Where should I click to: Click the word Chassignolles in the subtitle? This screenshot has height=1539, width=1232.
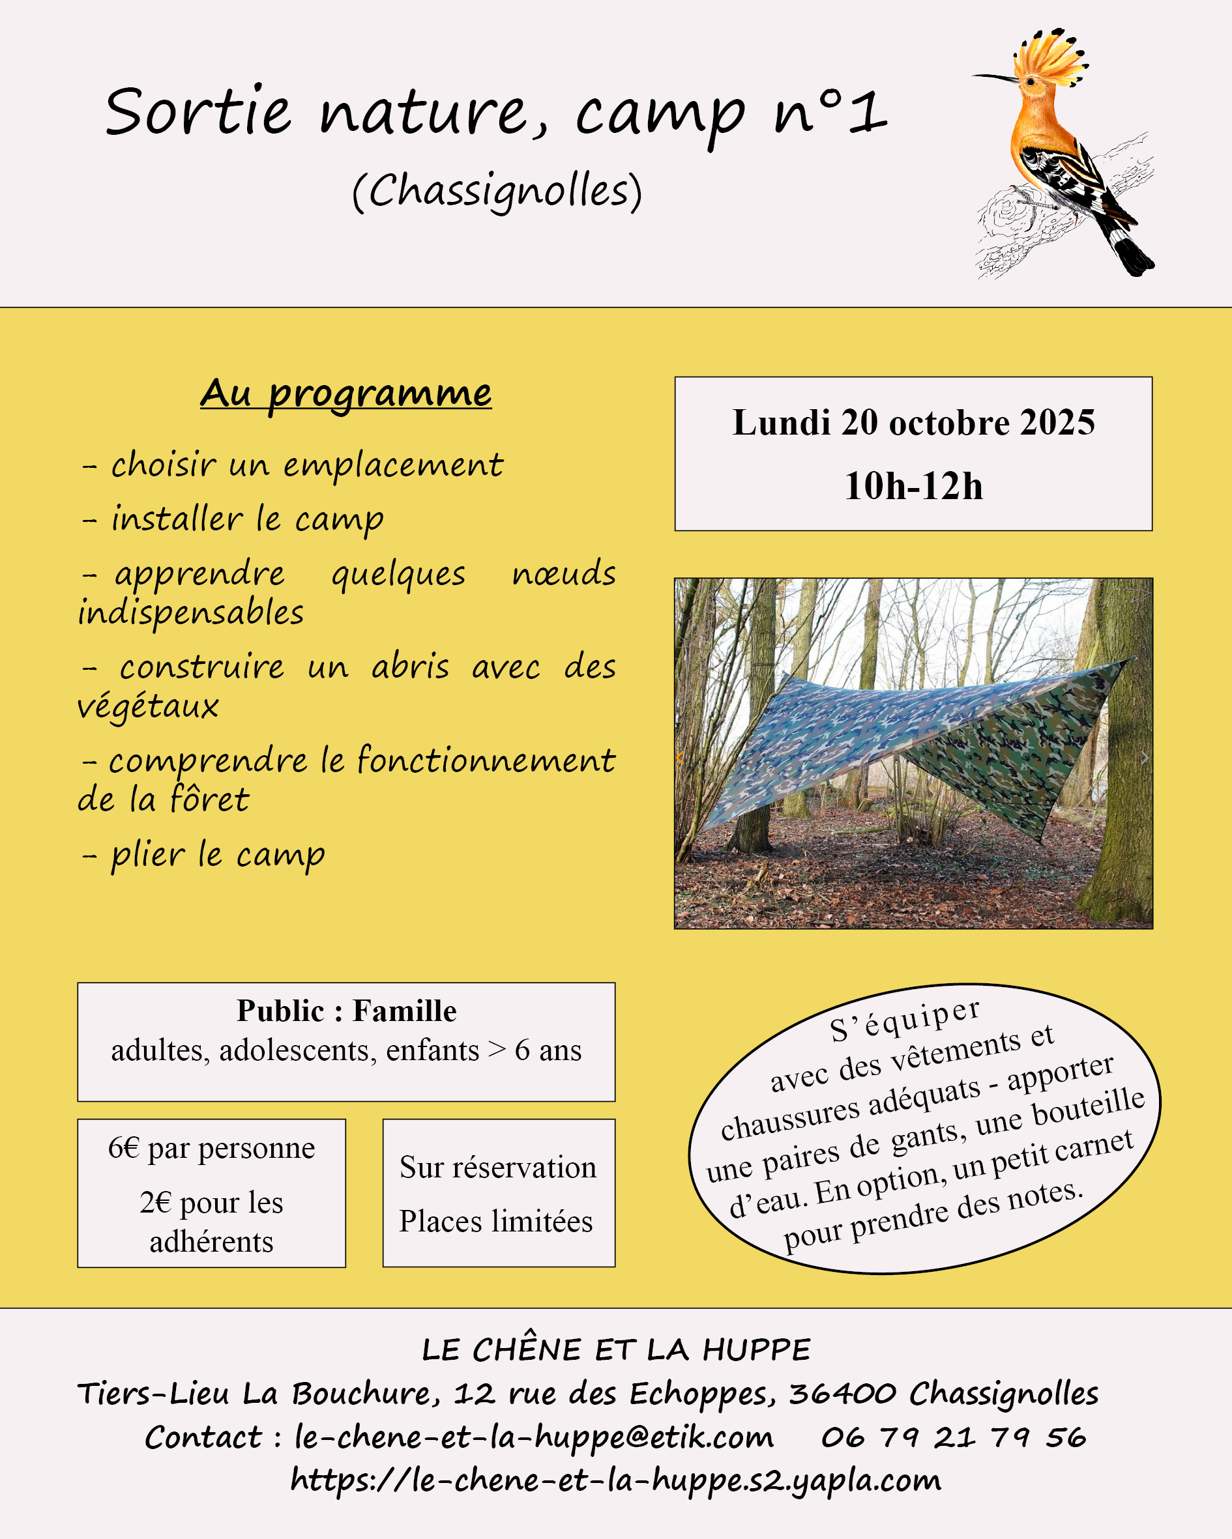pyautogui.click(x=498, y=192)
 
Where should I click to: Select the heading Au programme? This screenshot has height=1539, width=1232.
pyautogui.click(x=345, y=394)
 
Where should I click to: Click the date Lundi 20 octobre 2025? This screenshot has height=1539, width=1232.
pyautogui.click(x=913, y=423)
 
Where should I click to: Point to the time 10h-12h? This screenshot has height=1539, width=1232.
pyautogui.click(x=913, y=486)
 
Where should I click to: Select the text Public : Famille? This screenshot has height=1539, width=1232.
pyautogui.click(x=346, y=1011)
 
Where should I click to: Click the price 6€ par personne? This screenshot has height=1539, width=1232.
pyautogui.click(x=211, y=1148)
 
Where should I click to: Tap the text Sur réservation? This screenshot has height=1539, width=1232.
pyautogui.click(x=498, y=1167)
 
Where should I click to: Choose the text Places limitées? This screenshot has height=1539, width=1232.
pyautogui.click(x=495, y=1221)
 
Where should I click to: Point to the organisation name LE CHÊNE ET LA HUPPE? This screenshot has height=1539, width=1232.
pyautogui.click(x=615, y=1350)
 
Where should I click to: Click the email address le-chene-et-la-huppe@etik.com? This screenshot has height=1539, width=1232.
pyautogui.click(x=533, y=1437)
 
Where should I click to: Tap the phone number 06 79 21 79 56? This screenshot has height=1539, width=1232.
pyautogui.click(x=954, y=1437)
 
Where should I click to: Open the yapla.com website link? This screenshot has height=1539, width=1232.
pyautogui.click(x=615, y=1480)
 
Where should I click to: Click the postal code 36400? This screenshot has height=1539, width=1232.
pyautogui.click(x=843, y=1394)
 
